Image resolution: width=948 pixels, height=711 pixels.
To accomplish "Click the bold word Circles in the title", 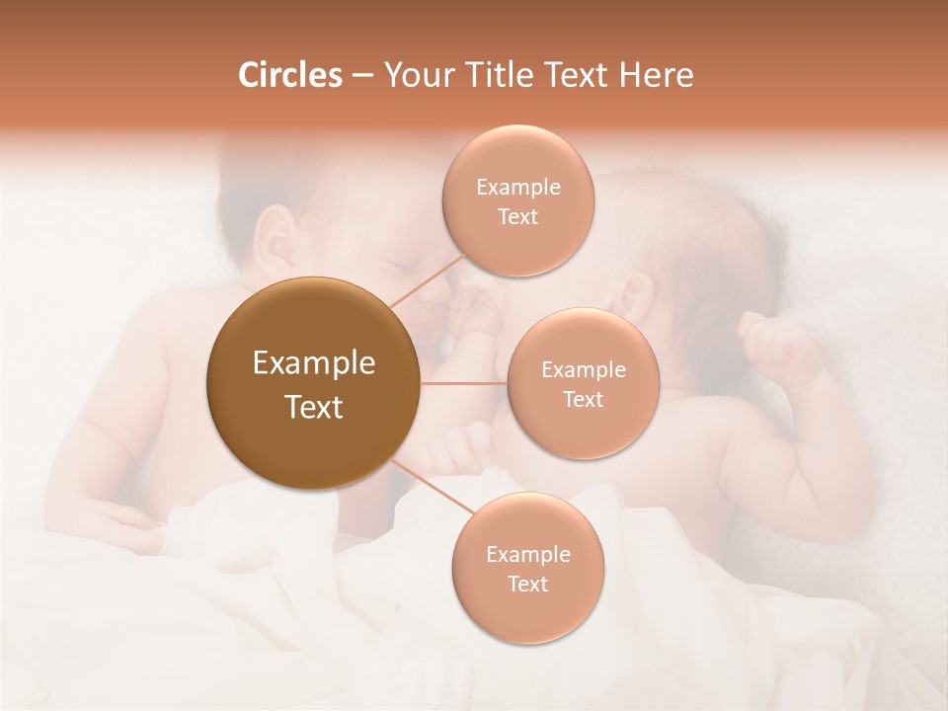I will (289, 75).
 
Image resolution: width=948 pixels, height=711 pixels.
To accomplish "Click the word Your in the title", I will (418, 75).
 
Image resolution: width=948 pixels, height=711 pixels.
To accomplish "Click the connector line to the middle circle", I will (464, 383).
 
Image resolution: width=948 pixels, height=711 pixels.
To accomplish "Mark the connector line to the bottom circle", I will (433, 490).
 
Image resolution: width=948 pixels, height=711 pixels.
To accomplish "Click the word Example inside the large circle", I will (314, 363).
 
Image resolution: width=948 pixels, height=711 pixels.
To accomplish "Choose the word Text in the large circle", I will (314, 407).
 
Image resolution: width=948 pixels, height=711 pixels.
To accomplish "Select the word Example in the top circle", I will (518, 188).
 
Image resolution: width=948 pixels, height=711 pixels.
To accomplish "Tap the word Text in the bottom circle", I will (527, 585).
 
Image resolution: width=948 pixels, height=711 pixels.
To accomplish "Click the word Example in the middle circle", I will (584, 370).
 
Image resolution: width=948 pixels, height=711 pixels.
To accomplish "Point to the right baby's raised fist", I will (780, 346).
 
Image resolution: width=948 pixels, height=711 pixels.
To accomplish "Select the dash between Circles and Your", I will (362, 76).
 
